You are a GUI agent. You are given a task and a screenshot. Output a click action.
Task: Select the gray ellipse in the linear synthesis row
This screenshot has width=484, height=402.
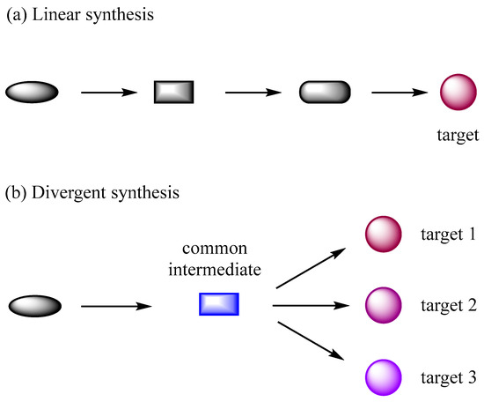[33, 91]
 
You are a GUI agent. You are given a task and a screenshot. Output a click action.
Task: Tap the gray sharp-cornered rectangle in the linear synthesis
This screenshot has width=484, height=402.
[173, 91]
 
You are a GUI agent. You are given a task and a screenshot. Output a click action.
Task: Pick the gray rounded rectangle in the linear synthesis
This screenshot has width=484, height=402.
[325, 91]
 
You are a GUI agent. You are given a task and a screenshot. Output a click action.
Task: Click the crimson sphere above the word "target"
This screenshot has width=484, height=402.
[458, 92]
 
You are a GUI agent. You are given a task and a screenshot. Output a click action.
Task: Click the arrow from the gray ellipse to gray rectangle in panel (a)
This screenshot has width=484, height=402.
[110, 91]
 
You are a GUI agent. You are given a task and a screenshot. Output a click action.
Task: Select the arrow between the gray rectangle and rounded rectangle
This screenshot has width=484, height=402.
[255, 91]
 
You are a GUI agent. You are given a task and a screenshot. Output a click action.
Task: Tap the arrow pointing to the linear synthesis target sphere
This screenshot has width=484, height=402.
[400, 91]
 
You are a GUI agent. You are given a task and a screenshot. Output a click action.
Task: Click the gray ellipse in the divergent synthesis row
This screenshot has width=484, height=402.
[35, 306]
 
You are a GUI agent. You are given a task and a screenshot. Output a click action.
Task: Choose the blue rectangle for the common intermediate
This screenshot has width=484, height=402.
[218, 305]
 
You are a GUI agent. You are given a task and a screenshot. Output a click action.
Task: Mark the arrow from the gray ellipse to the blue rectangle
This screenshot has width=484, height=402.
[116, 306]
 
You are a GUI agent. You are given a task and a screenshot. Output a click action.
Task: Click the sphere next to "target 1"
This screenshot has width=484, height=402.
[383, 234]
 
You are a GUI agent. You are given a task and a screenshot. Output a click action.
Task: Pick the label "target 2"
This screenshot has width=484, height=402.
[448, 306]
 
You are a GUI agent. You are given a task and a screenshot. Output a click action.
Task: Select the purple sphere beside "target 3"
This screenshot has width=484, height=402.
[383, 377]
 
